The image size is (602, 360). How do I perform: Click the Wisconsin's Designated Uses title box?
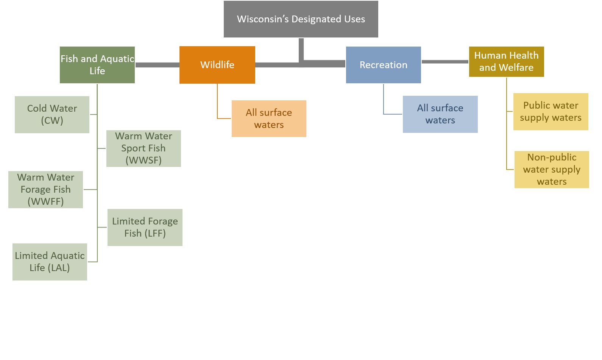click(301, 19)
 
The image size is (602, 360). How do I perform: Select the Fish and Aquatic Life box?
click(97, 65)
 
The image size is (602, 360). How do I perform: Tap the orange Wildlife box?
click(217, 65)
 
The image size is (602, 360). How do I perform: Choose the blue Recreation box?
click(383, 65)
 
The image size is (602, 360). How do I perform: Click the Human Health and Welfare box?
click(506, 62)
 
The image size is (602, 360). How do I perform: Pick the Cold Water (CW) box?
click(52, 114)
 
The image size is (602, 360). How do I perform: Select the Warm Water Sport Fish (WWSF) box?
click(143, 148)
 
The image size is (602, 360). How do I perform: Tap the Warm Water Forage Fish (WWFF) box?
click(45, 189)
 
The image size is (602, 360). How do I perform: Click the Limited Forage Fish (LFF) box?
click(145, 227)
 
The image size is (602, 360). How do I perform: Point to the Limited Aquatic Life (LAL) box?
click(50, 262)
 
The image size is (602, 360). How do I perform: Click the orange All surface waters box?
click(269, 118)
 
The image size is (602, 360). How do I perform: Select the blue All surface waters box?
click(440, 114)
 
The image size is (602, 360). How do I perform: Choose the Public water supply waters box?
click(551, 111)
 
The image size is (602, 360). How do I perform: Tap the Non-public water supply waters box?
click(552, 169)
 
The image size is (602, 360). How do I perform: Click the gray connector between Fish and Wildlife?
click(157, 65)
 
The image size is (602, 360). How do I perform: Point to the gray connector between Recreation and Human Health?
click(445, 62)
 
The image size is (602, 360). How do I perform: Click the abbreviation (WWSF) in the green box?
click(143, 160)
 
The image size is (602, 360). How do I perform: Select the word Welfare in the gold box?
click(516, 68)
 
